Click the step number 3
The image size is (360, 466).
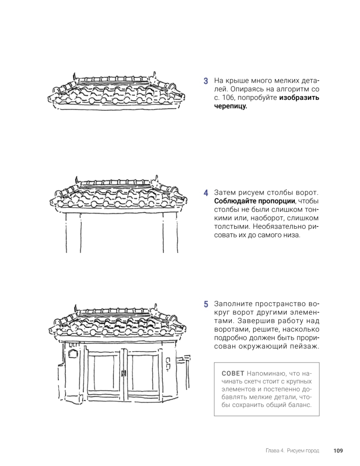[206, 81]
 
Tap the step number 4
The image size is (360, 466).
[206, 193]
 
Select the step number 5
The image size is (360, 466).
[206, 304]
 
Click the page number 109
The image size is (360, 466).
[338, 451]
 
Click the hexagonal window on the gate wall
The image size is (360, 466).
[73, 353]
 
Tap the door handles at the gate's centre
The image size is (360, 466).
[124, 374]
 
